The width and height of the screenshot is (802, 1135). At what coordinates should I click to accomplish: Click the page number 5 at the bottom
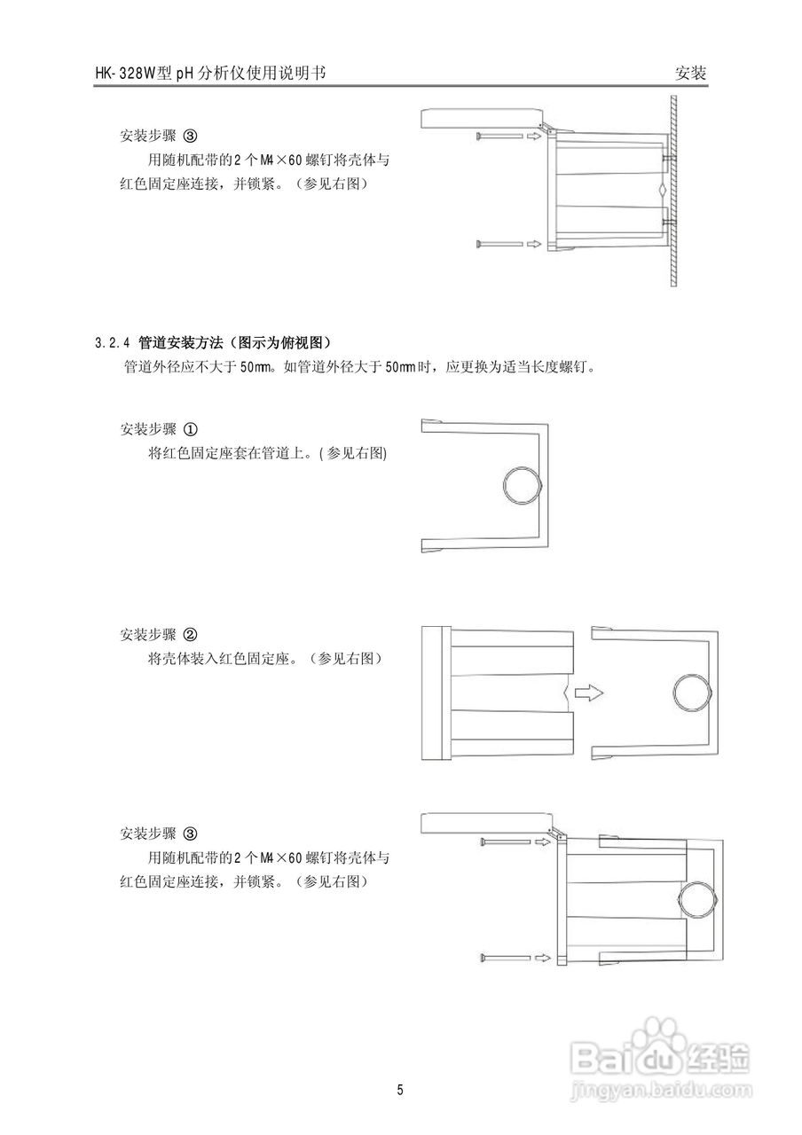coord(401,1089)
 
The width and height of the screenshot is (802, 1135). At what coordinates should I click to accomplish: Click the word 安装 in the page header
coord(691,74)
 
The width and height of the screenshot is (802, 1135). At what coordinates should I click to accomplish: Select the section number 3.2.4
coord(112,342)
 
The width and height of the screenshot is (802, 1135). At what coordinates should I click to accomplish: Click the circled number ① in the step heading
coord(190,429)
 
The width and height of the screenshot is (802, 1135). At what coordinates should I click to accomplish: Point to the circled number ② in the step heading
coord(190,635)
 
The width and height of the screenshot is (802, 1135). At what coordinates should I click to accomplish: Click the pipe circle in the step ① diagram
coord(521,487)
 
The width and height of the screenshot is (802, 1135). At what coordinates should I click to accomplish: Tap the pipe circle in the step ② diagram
coord(691,692)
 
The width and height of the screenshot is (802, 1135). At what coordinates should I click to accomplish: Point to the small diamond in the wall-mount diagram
coord(662,191)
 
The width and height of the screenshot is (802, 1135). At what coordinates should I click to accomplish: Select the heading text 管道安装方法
coord(181,342)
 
